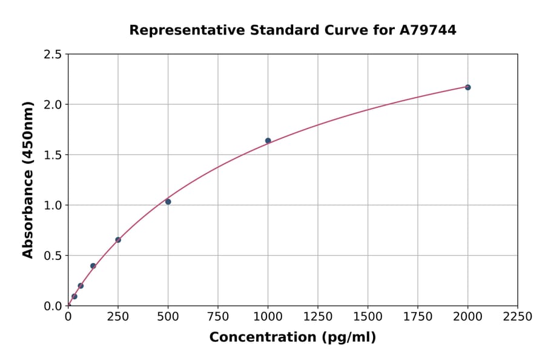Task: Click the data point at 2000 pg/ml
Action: (x=467, y=87)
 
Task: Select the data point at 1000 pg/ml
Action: (x=268, y=141)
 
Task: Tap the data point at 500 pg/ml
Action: (x=168, y=202)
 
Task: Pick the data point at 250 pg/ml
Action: (x=118, y=240)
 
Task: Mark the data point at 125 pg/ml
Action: (x=93, y=266)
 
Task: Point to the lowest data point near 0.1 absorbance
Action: (x=74, y=296)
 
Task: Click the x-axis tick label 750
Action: (x=218, y=317)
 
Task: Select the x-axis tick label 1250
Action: (x=318, y=317)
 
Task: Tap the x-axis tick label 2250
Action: (x=518, y=317)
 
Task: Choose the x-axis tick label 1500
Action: (x=368, y=317)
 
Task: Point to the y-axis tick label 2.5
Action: (x=53, y=55)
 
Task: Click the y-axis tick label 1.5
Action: (x=53, y=155)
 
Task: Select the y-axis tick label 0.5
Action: (x=53, y=256)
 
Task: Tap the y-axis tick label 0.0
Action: (x=53, y=306)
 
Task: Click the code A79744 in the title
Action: (x=429, y=30)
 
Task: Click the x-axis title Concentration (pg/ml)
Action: (x=292, y=338)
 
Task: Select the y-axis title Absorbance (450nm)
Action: (x=28, y=180)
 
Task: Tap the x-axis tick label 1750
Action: (x=418, y=317)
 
